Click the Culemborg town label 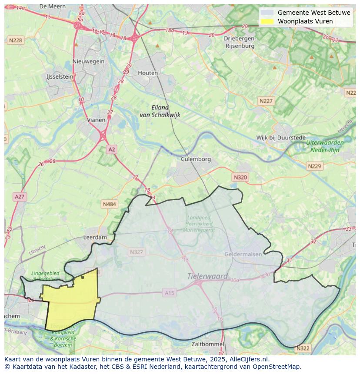(x=196, y=159)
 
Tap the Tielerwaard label (x=207, y=276)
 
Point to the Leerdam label (x=95, y=238)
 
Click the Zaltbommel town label (x=208, y=344)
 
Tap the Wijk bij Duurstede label (x=281, y=138)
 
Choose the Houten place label (x=148, y=73)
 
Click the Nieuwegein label (x=89, y=61)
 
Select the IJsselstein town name (x=60, y=76)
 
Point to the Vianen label (x=96, y=120)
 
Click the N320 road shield (x=240, y=177)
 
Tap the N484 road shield (x=109, y=204)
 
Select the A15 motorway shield (x=170, y=293)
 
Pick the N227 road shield (x=266, y=101)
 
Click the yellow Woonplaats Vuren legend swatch (x=267, y=21)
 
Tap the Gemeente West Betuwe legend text (x=314, y=13)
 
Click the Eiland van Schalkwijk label (x=160, y=111)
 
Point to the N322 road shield (x=303, y=348)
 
